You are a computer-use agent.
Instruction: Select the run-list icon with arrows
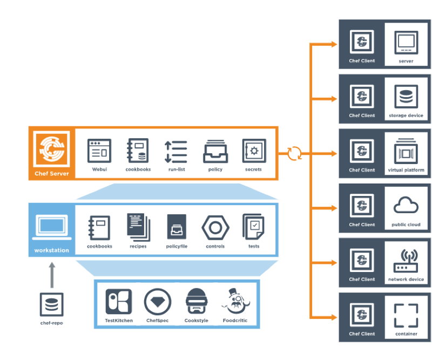click(176, 151)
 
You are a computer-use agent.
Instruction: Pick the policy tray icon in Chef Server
click(215, 151)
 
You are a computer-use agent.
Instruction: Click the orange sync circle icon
click(295, 153)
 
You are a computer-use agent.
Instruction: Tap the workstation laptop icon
click(51, 227)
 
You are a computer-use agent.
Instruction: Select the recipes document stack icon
click(138, 227)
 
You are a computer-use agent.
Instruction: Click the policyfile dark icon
click(177, 227)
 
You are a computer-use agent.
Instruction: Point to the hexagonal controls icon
click(215, 227)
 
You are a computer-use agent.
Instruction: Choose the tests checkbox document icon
click(253, 227)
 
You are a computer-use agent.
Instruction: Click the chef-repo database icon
click(51, 304)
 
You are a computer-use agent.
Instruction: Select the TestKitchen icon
click(119, 302)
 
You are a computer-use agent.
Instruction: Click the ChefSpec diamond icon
click(158, 302)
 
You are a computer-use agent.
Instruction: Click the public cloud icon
click(406, 206)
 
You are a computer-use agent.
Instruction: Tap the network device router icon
click(406, 260)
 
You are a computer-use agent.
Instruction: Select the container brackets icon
click(406, 315)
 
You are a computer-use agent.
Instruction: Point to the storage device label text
click(406, 116)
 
